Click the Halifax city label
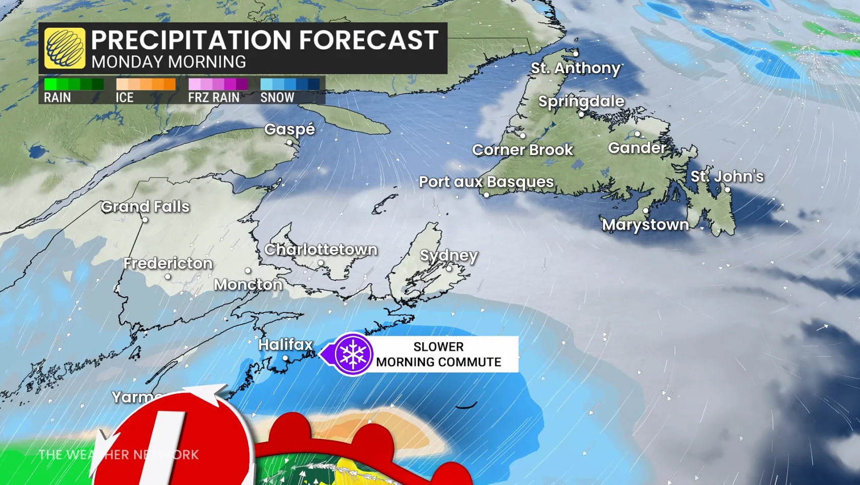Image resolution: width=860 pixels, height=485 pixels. pos(285,345)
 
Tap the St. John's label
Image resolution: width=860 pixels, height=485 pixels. pos(727,177)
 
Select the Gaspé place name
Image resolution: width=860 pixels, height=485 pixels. pos(289,129)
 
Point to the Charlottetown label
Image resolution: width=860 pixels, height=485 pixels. pos(321,250)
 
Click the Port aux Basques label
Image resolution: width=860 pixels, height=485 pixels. pos(486,182)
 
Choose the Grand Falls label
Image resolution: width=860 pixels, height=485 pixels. pos(145,207)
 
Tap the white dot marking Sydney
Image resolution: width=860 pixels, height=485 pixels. pos(449,268)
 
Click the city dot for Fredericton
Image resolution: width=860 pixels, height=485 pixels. pos(168,277)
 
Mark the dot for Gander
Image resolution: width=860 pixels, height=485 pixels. pos(637,134)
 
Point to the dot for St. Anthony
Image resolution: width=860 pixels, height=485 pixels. pos(576,54)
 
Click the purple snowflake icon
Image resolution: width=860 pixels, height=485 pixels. pos(353,354)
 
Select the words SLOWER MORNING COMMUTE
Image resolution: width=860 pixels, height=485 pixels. pos(438,354)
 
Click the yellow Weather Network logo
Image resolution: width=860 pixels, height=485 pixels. pos(65,49)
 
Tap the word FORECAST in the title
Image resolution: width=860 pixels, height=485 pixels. pos(368,40)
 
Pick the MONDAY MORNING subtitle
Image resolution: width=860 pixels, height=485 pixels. pos(169,62)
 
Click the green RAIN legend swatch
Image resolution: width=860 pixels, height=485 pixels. pos(74,84)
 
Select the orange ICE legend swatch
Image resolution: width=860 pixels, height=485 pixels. pos(146,84)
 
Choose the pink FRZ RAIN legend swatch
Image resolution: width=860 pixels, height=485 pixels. pos(218,84)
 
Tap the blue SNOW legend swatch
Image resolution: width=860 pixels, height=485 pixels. pos(290,84)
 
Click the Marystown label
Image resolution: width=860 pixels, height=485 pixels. pos(645,225)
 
